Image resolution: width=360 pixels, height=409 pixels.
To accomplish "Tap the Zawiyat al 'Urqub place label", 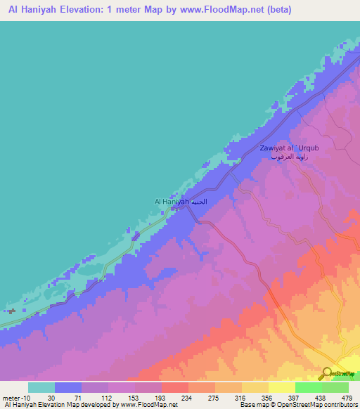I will coord(290,148).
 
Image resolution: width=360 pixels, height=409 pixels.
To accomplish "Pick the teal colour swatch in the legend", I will coord(41,387).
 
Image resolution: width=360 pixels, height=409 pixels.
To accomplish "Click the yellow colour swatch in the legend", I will coord(281,387).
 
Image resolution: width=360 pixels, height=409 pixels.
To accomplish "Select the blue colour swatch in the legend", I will coord(68,387).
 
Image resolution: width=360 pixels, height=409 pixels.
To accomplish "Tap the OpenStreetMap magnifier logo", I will coord(328,374).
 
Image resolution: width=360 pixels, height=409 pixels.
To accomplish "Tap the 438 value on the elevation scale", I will coord(321,398).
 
